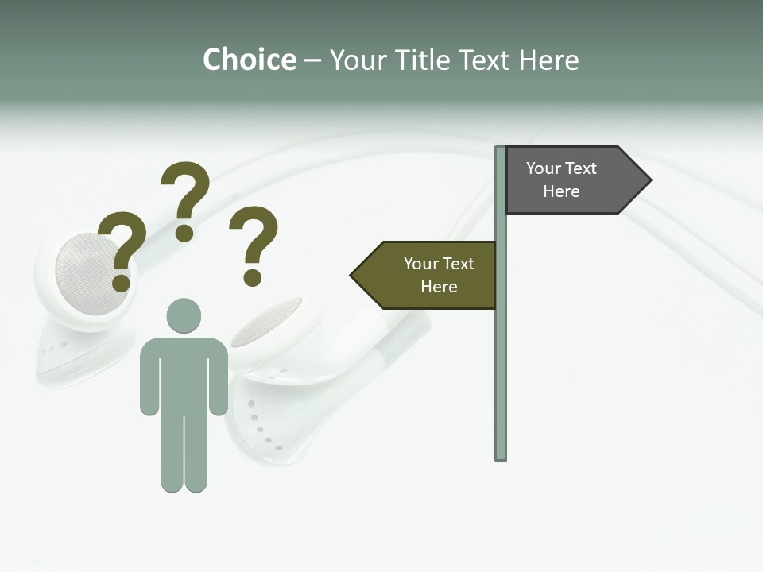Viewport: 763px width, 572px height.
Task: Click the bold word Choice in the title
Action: coord(249,60)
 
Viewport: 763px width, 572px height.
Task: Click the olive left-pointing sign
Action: coord(429,275)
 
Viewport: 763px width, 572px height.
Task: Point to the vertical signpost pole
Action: coord(501,357)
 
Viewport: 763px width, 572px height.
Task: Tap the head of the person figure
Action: coord(184,315)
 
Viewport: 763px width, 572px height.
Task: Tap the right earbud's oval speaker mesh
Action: coord(266,322)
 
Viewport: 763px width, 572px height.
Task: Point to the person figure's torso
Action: coord(184,373)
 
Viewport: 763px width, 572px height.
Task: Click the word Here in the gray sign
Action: coord(561,191)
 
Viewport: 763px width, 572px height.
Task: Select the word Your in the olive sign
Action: coord(420,264)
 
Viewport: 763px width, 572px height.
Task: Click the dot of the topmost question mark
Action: coord(184,233)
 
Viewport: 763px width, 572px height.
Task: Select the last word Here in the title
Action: coord(549,60)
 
